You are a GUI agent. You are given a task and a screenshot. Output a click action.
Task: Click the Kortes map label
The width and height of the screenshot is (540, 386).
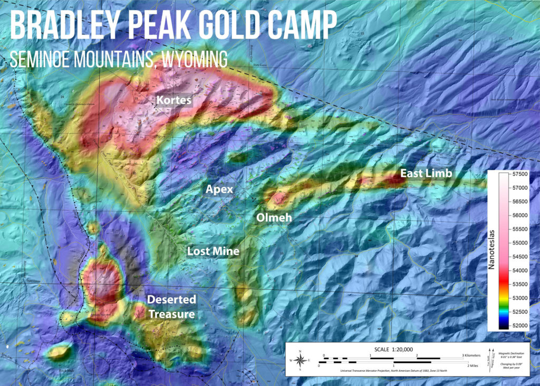[173, 100]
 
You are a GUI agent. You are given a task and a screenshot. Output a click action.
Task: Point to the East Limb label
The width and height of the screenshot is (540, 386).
[422, 173]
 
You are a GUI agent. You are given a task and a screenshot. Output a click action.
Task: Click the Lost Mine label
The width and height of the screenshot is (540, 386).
[213, 251]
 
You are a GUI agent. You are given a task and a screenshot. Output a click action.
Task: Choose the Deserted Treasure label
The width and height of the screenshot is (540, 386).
[171, 307]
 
